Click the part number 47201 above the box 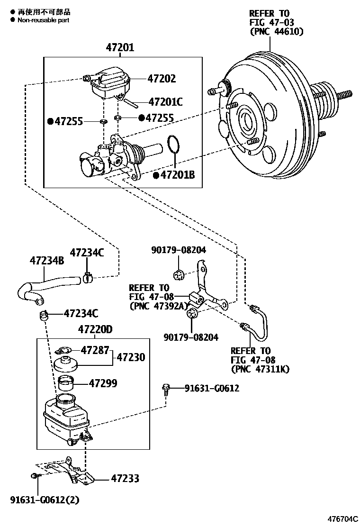(x=119, y=48)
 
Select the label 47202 (x=161, y=79)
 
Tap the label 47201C (x=165, y=101)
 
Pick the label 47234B (x=47, y=260)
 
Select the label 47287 (x=95, y=350)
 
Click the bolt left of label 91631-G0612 (x=166, y=389)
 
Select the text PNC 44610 (x=276, y=32)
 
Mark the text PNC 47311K (x=260, y=369)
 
